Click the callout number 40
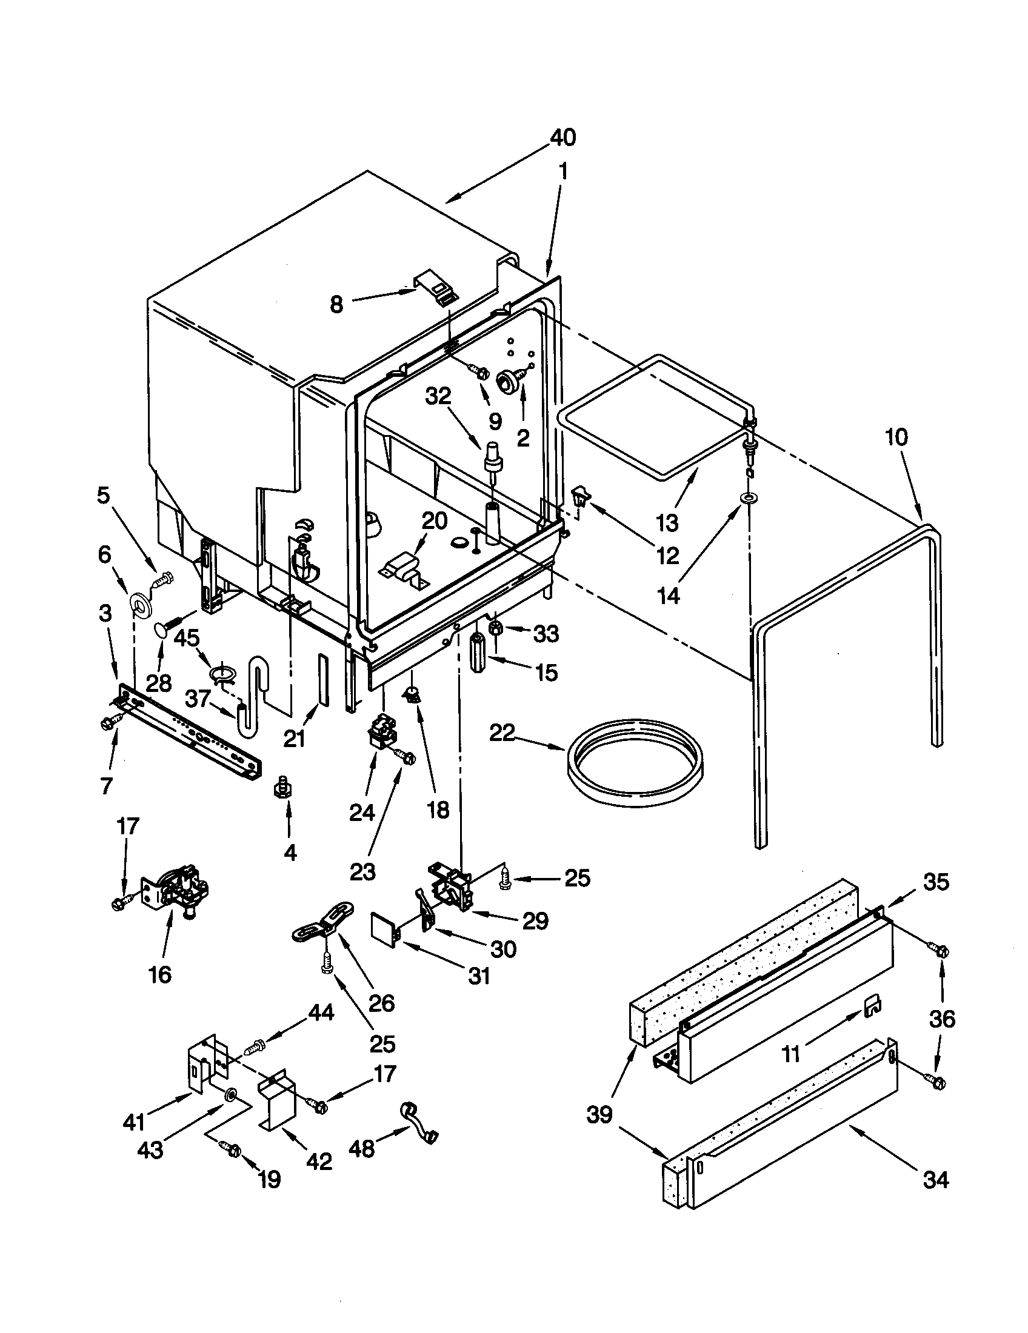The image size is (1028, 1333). pos(562,138)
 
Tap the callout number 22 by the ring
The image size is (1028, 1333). pos(502,733)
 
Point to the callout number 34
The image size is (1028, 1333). pos(935,1180)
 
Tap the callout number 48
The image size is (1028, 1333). pos(361,1149)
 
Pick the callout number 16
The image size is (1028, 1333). pos(160,975)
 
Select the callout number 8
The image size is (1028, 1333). pos(336,304)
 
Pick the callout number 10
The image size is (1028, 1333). pos(895,437)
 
